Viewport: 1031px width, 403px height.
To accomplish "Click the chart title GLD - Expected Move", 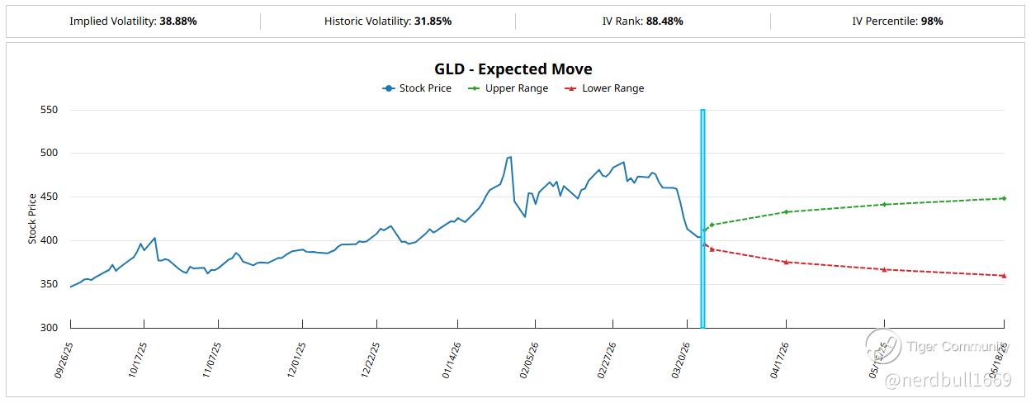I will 513,69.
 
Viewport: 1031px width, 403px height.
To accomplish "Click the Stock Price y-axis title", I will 33,218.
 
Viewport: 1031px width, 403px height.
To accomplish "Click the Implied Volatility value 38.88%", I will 177,21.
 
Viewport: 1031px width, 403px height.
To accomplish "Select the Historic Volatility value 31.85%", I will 432,21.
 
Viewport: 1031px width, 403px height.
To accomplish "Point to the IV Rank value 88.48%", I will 665,21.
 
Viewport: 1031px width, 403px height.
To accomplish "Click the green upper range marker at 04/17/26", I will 787,211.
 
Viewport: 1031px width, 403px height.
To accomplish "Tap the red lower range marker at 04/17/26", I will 787,262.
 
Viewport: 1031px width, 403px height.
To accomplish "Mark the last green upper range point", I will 1004,198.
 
